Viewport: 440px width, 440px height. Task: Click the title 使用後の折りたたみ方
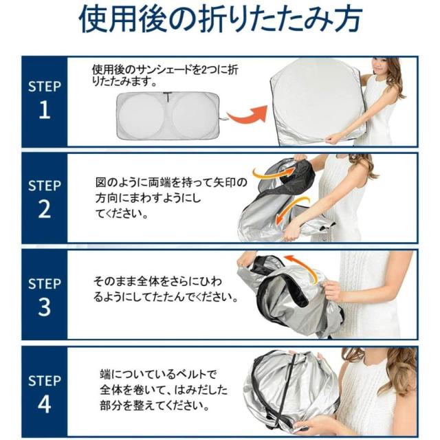[x=221, y=20]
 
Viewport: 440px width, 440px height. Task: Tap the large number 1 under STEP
[x=45, y=110]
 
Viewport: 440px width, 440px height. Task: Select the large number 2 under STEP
[x=45, y=209]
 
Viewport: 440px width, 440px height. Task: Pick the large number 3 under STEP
[x=44, y=307]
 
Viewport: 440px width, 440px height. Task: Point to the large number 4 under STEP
[x=44, y=404]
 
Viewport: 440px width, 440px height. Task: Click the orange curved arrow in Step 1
[x=247, y=115]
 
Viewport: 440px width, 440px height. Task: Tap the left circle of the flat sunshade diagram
[x=141, y=115]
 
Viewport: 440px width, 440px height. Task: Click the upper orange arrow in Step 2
[x=274, y=173]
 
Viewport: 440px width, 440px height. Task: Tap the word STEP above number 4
[x=44, y=381]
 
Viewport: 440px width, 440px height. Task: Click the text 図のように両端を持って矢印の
[x=171, y=183]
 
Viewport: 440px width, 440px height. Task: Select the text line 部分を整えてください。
[x=155, y=406]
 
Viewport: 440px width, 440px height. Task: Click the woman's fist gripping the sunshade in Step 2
[x=291, y=234]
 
